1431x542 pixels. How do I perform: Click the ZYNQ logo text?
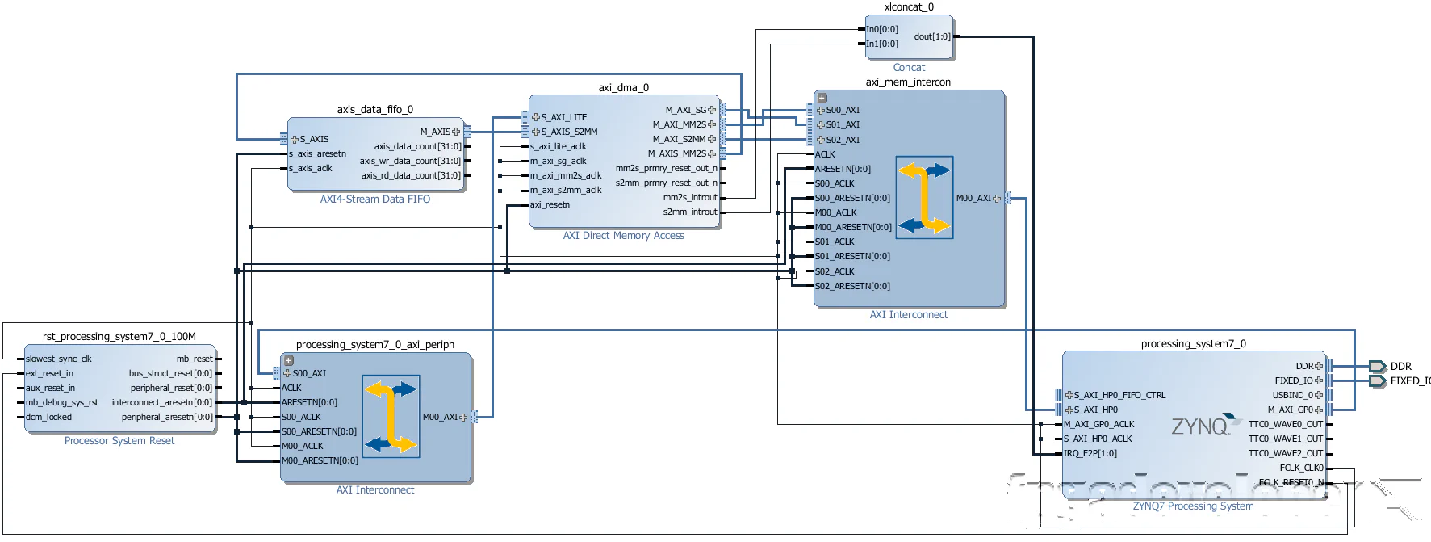click(x=1200, y=426)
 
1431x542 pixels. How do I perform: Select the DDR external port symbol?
click(x=1378, y=367)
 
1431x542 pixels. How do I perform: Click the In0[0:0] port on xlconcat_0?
click(x=881, y=29)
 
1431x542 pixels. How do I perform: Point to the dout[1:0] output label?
click(x=931, y=36)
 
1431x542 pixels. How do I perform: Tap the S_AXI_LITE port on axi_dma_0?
click(x=563, y=117)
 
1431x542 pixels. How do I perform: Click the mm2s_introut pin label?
click(x=689, y=197)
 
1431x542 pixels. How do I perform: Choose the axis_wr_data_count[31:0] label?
click(x=410, y=161)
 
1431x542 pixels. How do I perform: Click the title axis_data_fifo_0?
click(x=374, y=109)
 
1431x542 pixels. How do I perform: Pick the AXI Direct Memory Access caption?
click(x=623, y=236)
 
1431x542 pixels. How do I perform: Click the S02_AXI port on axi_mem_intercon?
click(x=842, y=140)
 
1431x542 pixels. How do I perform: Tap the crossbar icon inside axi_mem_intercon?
click(x=924, y=198)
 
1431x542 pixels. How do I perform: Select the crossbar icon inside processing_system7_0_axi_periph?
click(x=391, y=417)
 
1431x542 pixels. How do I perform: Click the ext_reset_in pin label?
click(x=49, y=373)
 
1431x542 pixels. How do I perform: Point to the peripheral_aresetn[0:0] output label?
click(x=167, y=417)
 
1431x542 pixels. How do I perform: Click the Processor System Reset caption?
click(x=119, y=441)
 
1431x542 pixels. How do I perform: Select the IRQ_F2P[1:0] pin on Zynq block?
click(x=1090, y=453)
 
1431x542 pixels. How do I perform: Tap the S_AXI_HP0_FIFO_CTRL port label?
click(x=1119, y=395)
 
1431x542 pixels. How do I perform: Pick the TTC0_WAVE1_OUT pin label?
click(x=1285, y=439)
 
